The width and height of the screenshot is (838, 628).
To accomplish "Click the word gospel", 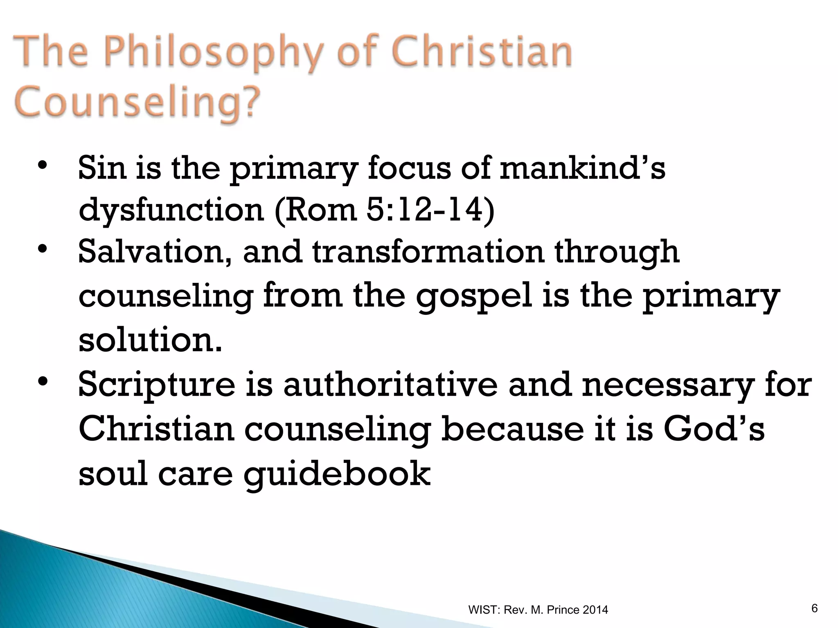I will click(474, 297).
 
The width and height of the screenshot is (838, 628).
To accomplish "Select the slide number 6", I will click(814, 609).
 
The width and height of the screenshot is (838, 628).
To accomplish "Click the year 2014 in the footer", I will click(595, 610).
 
